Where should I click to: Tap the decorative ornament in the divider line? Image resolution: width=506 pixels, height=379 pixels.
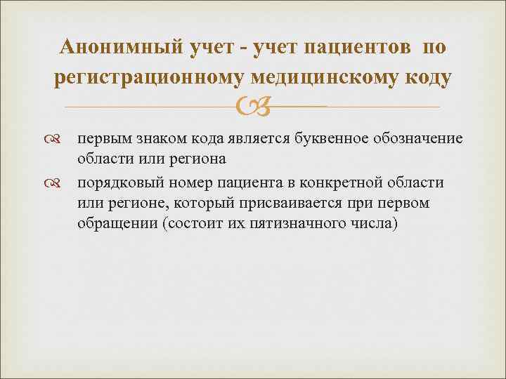[254, 107]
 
